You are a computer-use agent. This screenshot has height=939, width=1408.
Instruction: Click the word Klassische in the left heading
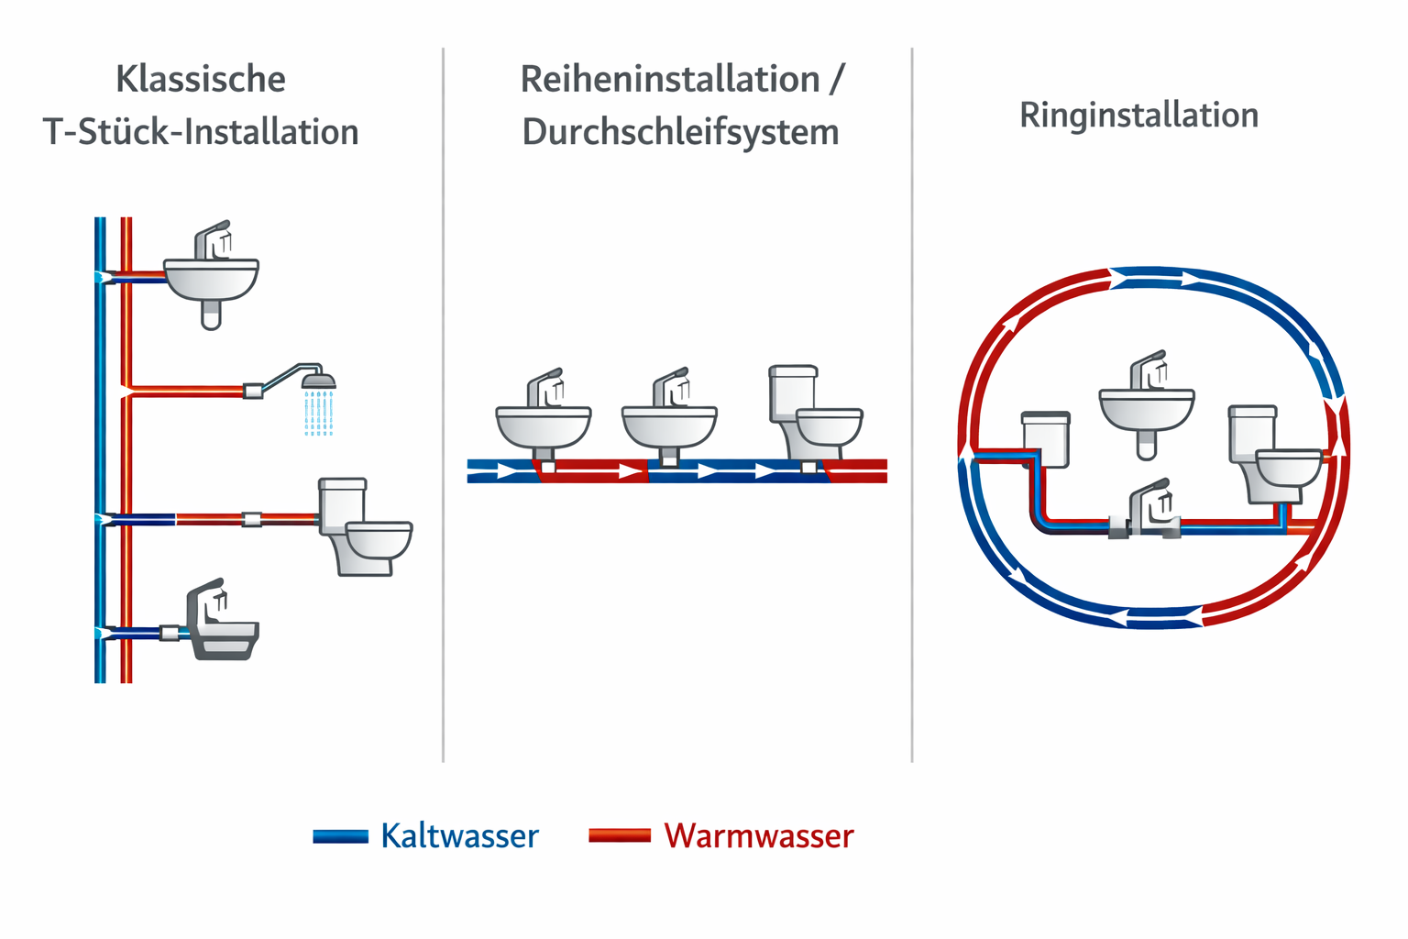pyautogui.click(x=201, y=80)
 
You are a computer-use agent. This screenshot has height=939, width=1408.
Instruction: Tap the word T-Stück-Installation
pyautogui.click(x=201, y=133)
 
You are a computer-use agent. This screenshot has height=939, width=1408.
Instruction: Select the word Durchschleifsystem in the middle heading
pyautogui.click(x=680, y=133)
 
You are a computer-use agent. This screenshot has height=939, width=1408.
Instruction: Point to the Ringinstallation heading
pyautogui.click(x=1138, y=116)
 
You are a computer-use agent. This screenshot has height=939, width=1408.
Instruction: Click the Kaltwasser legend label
pyautogui.click(x=459, y=836)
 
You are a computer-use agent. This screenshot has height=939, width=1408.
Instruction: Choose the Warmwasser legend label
pyautogui.click(x=759, y=836)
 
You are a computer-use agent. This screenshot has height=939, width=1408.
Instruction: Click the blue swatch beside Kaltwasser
pyautogui.click(x=340, y=836)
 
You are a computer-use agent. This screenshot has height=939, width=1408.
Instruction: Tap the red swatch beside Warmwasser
pyautogui.click(x=620, y=835)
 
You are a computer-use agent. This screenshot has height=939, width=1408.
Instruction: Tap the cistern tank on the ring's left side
pyautogui.click(x=1046, y=438)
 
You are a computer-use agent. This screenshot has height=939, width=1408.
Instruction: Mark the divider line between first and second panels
pyautogui.click(x=444, y=403)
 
